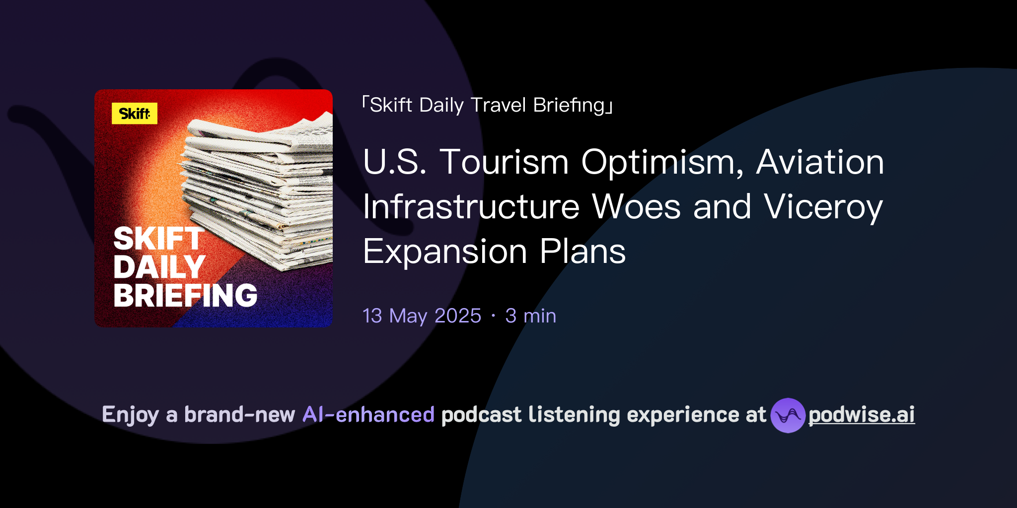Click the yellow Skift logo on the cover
pos(134,114)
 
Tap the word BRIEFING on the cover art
pos(185,296)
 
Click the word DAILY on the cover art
pos(159,267)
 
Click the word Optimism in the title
pos(662,163)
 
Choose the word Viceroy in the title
pos(823,207)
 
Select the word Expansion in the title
pos(445,252)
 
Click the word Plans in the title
pos(582,252)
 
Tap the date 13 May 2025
pos(422,316)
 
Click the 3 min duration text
pos(530,316)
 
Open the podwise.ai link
pos(861,415)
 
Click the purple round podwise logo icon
pos(788,415)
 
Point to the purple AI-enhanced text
pos(368,415)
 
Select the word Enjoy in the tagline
pos(131,415)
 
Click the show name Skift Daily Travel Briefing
pos(487,105)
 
